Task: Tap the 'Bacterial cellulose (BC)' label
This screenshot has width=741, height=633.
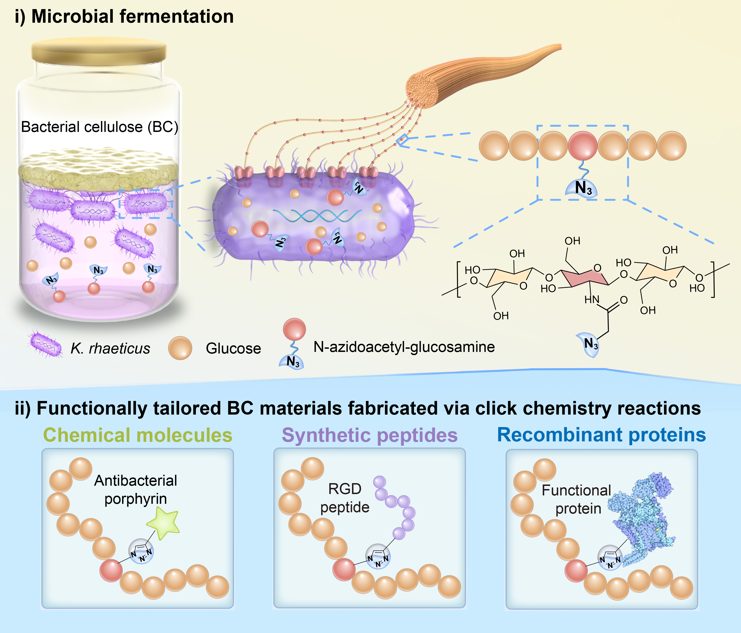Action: click(x=100, y=127)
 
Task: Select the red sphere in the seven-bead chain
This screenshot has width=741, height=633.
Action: click(x=583, y=146)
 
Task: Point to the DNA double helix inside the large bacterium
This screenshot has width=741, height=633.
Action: click(x=317, y=215)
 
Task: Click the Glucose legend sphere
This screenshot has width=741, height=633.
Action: click(x=180, y=348)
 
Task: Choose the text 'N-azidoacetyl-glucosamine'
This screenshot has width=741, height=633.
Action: click(x=404, y=347)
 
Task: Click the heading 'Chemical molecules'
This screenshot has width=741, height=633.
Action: click(x=138, y=435)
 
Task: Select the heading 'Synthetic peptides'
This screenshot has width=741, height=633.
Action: click(x=369, y=435)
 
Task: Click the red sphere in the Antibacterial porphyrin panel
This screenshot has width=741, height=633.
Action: click(x=111, y=571)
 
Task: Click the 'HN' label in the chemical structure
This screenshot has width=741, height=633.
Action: click(x=591, y=299)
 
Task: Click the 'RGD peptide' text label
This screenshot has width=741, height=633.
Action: click(x=345, y=498)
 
